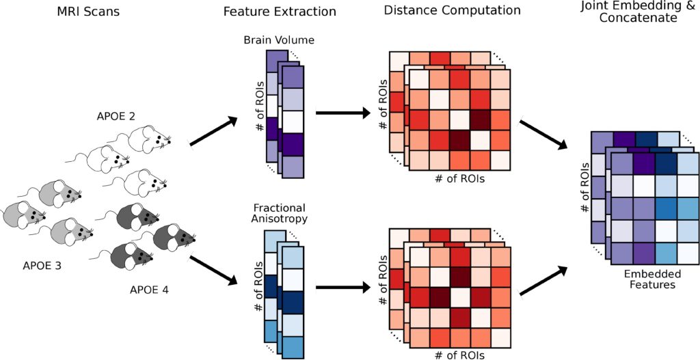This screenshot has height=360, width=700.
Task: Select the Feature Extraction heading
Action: click(279, 11)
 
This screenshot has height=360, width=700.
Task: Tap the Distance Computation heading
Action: click(452, 10)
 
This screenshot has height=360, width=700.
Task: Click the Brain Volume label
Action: click(279, 40)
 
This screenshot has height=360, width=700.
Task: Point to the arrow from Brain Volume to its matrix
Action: click(340, 111)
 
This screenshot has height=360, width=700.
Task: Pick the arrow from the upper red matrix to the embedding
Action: click(544, 133)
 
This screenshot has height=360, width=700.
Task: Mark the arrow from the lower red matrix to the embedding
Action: click(544, 281)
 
